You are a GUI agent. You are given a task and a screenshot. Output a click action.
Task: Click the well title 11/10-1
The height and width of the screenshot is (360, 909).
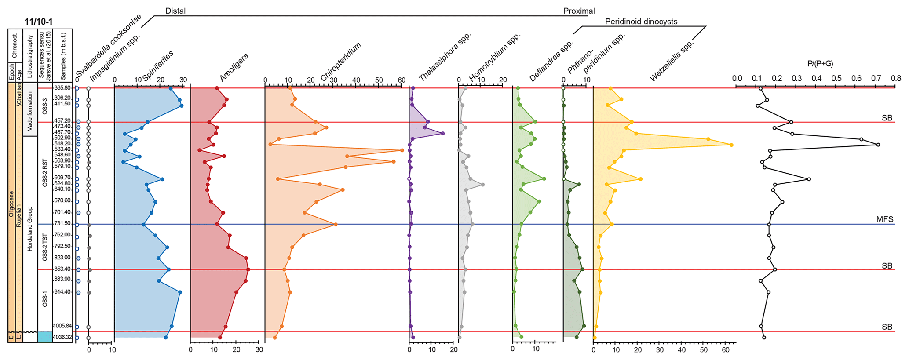(x=39, y=22)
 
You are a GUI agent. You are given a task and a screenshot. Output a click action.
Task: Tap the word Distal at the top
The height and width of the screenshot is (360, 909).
(x=175, y=11)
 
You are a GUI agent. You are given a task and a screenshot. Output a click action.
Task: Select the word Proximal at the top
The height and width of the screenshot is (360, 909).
(x=579, y=11)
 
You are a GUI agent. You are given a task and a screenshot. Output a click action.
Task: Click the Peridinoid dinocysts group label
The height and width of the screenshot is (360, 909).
(x=641, y=22)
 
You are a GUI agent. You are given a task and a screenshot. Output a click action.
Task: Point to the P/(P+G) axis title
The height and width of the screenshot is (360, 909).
(x=820, y=64)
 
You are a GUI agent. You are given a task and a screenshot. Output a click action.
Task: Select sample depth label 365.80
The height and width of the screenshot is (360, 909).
(x=62, y=88)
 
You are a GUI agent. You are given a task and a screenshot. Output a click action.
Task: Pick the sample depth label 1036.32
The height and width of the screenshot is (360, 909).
(x=62, y=337)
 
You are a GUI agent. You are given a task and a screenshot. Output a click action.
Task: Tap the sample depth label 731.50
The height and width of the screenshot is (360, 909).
(x=62, y=224)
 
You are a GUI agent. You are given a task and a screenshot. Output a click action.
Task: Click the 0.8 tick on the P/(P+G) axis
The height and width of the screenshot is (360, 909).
(x=895, y=79)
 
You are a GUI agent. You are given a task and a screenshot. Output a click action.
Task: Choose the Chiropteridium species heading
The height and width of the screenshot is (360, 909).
(x=340, y=62)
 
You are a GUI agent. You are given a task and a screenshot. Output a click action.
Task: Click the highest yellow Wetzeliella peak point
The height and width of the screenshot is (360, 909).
(x=731, y=145)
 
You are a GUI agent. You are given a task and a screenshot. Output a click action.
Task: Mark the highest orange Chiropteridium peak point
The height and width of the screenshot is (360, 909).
(x=402, y=150)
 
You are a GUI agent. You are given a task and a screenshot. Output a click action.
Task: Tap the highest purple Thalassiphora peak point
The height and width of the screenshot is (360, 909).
(x=442, y=133)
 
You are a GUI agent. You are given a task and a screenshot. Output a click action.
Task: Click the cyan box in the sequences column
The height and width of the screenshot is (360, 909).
(x=45, y=337)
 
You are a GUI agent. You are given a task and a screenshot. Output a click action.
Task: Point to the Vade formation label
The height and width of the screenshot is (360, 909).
(x=30, y=111)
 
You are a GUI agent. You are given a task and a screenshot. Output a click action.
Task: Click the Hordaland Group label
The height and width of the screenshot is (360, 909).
(x=30, y=229)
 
